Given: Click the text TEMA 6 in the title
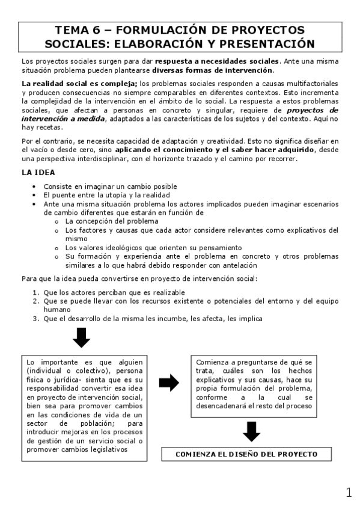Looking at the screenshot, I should click(x=76, y=30).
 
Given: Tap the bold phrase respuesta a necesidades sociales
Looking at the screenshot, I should click(x=217, y=61).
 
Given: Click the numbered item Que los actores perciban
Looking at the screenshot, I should click(x=99, y=292).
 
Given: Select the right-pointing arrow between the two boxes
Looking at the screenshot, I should click(x=169, y=382).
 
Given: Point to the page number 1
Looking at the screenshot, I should click(x=349, y=493).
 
